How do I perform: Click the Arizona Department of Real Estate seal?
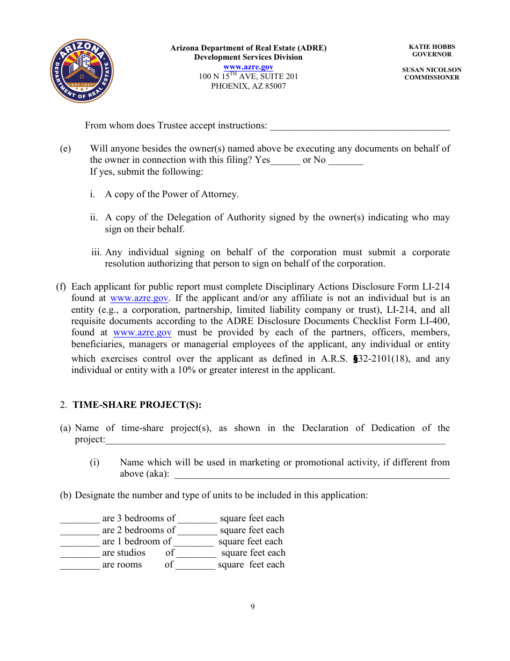[x=82, y=71]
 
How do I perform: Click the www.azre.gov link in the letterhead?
[x=248, y=67]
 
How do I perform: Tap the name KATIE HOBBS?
[x=432, y=47]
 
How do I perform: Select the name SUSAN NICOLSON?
[x=432, y=70]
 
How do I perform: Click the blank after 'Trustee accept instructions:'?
[x=359, y=126]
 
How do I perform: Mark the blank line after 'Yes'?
[x=285, y=161]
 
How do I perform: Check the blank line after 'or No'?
[x=345, y=161]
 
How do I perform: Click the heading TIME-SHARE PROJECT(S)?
[x=137, y=405]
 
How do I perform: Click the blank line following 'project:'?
[x=275, y=441]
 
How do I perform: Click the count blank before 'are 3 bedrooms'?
[x=79, y=519]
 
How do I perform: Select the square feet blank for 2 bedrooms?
[x=197, y=531]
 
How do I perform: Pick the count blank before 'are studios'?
[x=79, y=554]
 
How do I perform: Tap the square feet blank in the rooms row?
[x=195, y=565]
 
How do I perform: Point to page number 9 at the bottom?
[x=253, y=607]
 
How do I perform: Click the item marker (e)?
[x=65, y=149]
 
